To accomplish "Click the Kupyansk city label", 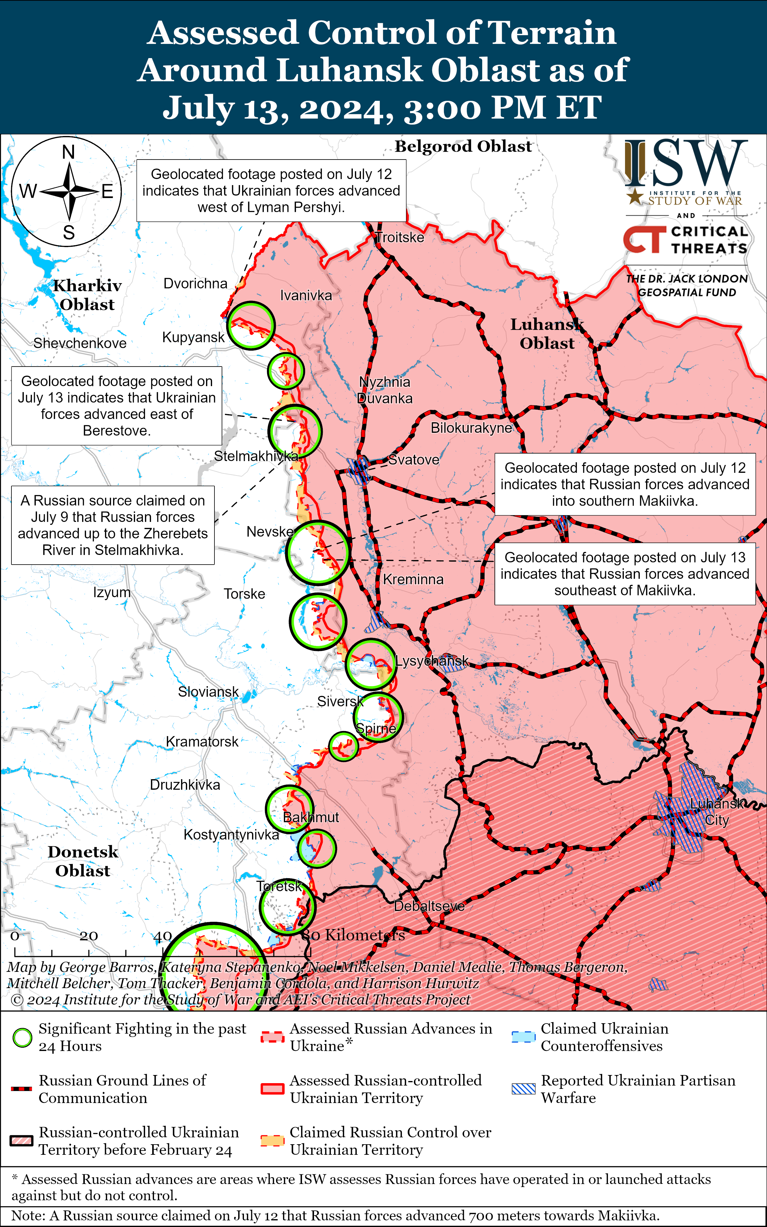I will [193, 337].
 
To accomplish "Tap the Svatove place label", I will [414, 460].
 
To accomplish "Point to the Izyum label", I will [112, 592].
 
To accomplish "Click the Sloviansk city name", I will [208, 692].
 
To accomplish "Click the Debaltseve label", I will [429, 906].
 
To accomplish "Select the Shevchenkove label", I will [80, 343].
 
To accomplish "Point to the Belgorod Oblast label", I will [463, 146].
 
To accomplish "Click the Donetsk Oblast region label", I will [83, 861].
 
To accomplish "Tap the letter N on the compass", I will [69, 152].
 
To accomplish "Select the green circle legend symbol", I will [22, 1038].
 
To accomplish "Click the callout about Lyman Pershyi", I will [271, 191].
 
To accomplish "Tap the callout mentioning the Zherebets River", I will [112, 525].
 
